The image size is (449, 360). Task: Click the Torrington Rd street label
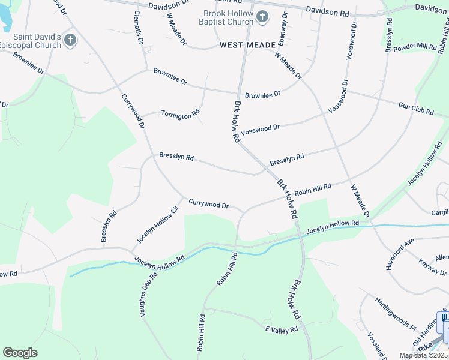click(x=180, y=114)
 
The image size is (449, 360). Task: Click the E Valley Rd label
click(x=281, y=329)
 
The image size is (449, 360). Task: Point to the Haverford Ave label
click(x=400, y=254)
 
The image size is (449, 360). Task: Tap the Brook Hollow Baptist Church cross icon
click(x=262, y=17)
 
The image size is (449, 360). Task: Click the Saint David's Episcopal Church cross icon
click(x=70, y=40)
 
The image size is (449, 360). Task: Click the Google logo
click(x=20, y=352)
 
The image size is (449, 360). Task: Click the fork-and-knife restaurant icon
click(x=445, y=317)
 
